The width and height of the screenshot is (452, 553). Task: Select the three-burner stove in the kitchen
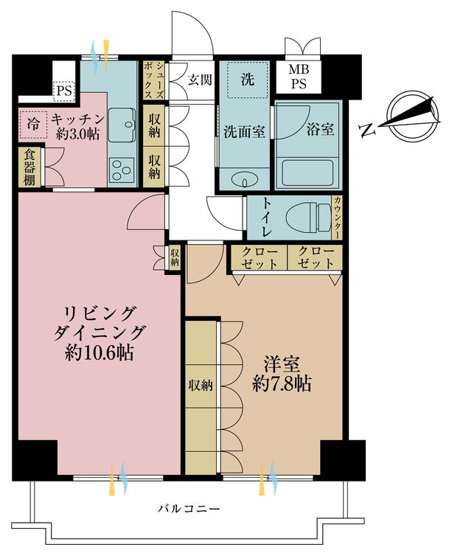click(122, 170)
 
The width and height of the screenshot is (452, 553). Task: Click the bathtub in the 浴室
click(307, 173)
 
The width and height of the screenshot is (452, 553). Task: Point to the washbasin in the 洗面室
click(244, 179)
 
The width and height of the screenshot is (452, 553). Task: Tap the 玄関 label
click(200, 80)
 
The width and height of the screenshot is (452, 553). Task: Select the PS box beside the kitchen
click(64, 91)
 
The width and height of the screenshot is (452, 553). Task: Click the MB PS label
click(299, 77)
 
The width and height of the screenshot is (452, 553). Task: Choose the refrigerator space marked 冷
click(32, 124)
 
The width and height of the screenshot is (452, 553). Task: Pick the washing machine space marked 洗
click(247, 80)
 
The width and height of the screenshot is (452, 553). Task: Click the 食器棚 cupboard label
click(29, 167)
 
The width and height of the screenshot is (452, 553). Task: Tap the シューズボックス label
click(154, 80)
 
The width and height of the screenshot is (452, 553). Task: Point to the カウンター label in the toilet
click(337, 218)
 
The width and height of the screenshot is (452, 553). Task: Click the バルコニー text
click(189, 509)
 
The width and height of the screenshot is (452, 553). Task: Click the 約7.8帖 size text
click(282, 383)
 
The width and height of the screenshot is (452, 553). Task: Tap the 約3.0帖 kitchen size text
click(77, 134)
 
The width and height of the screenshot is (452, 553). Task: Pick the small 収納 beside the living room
click(175, 257)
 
